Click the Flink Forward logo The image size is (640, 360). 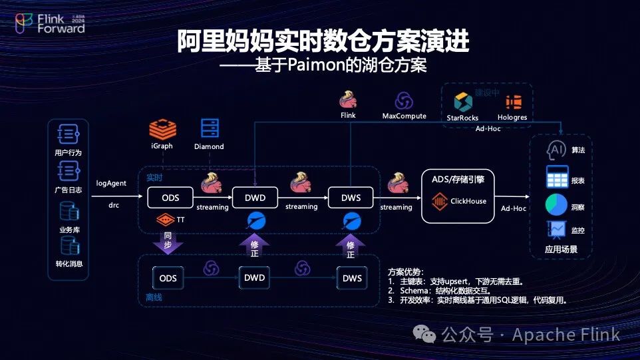[x=50, y=24]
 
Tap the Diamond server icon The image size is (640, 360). [x=209, y=128]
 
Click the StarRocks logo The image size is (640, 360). [x=462, y=102]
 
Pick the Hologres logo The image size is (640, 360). [x=513, y=102]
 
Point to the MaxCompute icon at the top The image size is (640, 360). [x=404, y=100]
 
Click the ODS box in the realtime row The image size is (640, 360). [x=168, y=198]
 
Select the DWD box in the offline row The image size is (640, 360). [x=254, y=277]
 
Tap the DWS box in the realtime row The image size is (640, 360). [x=351, y=198]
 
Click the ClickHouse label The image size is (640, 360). [x=468, y=201]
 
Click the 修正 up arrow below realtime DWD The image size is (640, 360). [x=254, y=245]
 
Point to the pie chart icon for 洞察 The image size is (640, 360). [x=556, y=205]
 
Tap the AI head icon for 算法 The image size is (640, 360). [x=556, y=150]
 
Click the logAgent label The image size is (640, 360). [x=112, y=183]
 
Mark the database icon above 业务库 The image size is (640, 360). [x=69, y=212]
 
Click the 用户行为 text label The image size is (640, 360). [x=69, y=152]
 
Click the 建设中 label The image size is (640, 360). [x=487, y=92]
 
